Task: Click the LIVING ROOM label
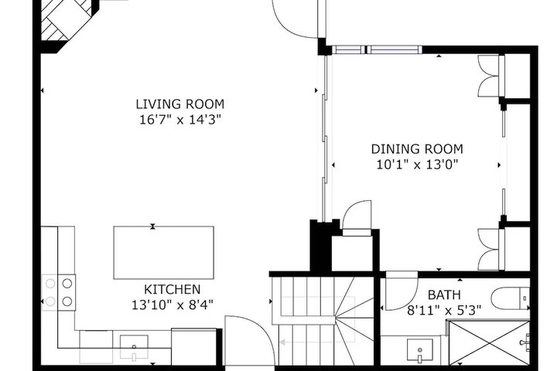tap(180, 104)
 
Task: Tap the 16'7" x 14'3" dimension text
tap(180, 120)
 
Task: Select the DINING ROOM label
tap(417, 148)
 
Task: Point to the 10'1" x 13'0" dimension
tap(417, 165)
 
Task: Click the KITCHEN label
tap(173, 289)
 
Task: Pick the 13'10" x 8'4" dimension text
tap(173, 305)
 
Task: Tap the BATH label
tap(444, 294)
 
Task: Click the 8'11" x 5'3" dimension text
tap(444, 311)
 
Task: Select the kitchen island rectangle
tap(163, 253)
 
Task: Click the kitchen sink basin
tap(134, 347)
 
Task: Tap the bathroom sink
tap(420, 350)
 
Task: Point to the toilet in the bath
tap(511, 298)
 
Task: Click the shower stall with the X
tap(489, 342)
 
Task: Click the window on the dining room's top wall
tap(377, 49)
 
